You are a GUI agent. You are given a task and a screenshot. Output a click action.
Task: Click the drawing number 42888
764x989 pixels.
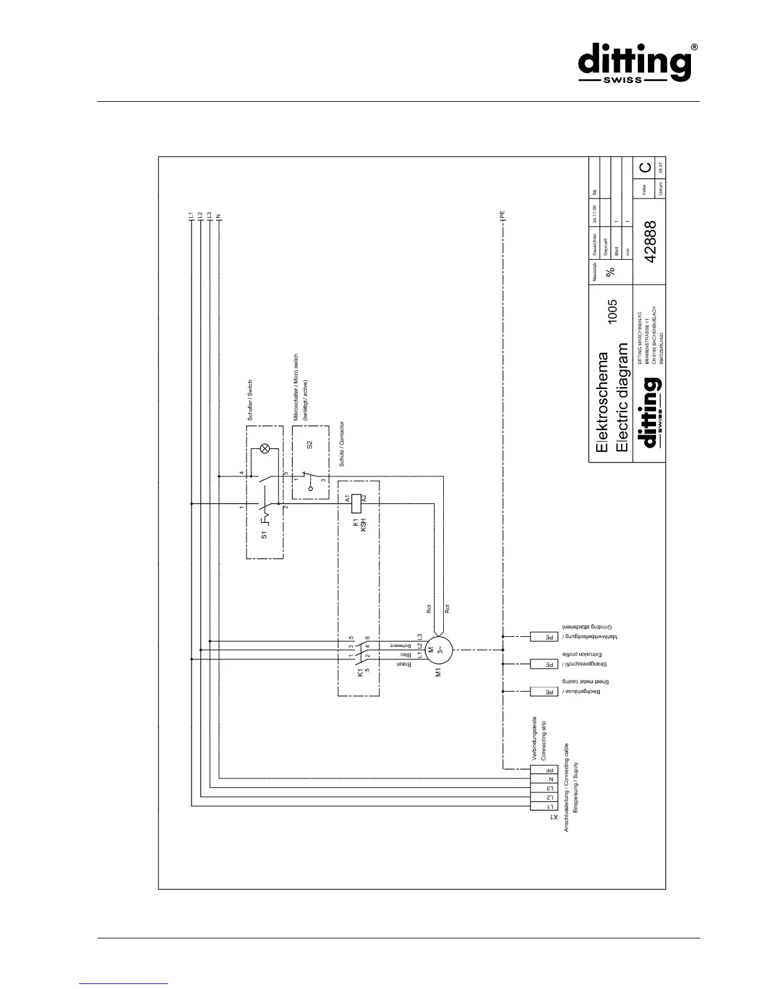[650, 242]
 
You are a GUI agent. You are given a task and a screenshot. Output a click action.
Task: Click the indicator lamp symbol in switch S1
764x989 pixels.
[265, 448]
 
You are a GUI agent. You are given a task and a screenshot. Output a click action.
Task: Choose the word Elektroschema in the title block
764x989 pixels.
[602, 403]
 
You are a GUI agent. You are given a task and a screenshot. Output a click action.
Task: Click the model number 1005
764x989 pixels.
[613, 311]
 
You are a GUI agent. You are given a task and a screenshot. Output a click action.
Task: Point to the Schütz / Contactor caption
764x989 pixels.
[341, 444]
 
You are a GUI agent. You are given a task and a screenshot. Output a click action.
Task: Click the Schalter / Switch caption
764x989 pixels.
[250, 400]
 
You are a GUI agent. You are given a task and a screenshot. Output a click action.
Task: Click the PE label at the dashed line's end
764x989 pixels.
[502, 215]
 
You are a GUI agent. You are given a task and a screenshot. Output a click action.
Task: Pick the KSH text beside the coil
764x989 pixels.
[363, 524]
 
